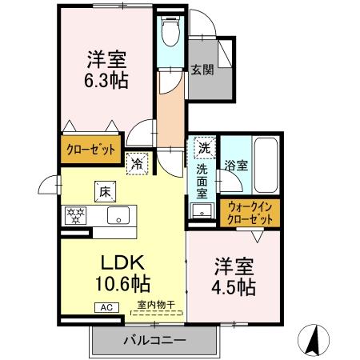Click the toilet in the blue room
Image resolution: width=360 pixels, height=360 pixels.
pyautogui.click(x=170, y=32)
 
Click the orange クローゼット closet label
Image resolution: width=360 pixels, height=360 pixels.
pyautogui.click(x=90, y=150)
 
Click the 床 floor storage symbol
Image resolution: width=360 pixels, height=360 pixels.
pyautogui.click(x=105, y=191)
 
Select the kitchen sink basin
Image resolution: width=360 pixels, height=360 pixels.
pyautogui.click(x=119, y=214)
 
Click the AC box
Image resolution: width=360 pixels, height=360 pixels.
pyautogui.click(x=106, y=306)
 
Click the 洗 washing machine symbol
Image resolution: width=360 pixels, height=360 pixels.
pyautogui.click(x=204, y=148)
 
